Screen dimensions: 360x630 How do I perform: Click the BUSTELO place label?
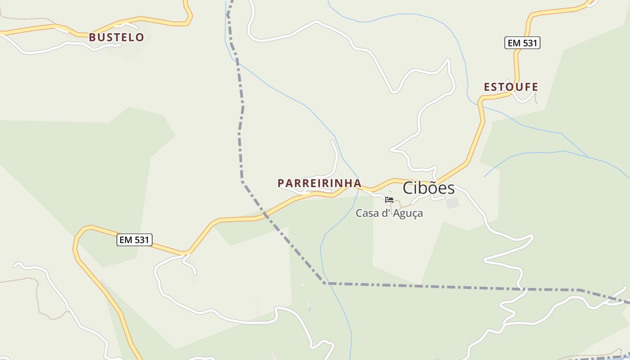coord(117,37)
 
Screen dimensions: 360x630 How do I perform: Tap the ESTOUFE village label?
coord(511,87)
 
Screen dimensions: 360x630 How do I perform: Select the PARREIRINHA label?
coord(319,183)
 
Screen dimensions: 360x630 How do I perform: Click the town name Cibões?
coord(428,188)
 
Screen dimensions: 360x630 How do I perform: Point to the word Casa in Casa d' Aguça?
coord(367,213)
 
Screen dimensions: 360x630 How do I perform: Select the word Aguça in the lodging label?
coord(408,213)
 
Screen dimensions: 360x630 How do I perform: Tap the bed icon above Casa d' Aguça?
coord(389,200)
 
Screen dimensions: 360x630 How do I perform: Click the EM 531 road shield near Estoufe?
coord(522,43)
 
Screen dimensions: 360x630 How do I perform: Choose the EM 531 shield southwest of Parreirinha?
coord(135,240)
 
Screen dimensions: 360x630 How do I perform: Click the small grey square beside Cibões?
coord(452,203)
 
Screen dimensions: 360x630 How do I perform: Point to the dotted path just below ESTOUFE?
coord(536,99)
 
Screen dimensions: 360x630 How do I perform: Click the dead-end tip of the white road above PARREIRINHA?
coord(332,141)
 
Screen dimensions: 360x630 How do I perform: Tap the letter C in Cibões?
coord(408,188)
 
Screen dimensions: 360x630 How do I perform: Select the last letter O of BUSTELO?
coord(140,37)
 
